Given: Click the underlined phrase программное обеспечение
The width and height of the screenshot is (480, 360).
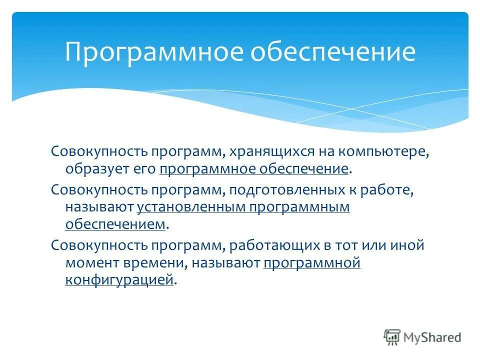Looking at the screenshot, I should (x=254, y=169).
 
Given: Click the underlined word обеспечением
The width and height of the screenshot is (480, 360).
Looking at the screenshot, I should (x=115, y=224).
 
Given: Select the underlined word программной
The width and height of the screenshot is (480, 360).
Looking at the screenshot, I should (x=311, y=262).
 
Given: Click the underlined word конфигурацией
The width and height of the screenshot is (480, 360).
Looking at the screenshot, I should (x=119, y=280).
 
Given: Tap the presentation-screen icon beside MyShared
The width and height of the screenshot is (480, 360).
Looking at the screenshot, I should (x=392, y=337).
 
